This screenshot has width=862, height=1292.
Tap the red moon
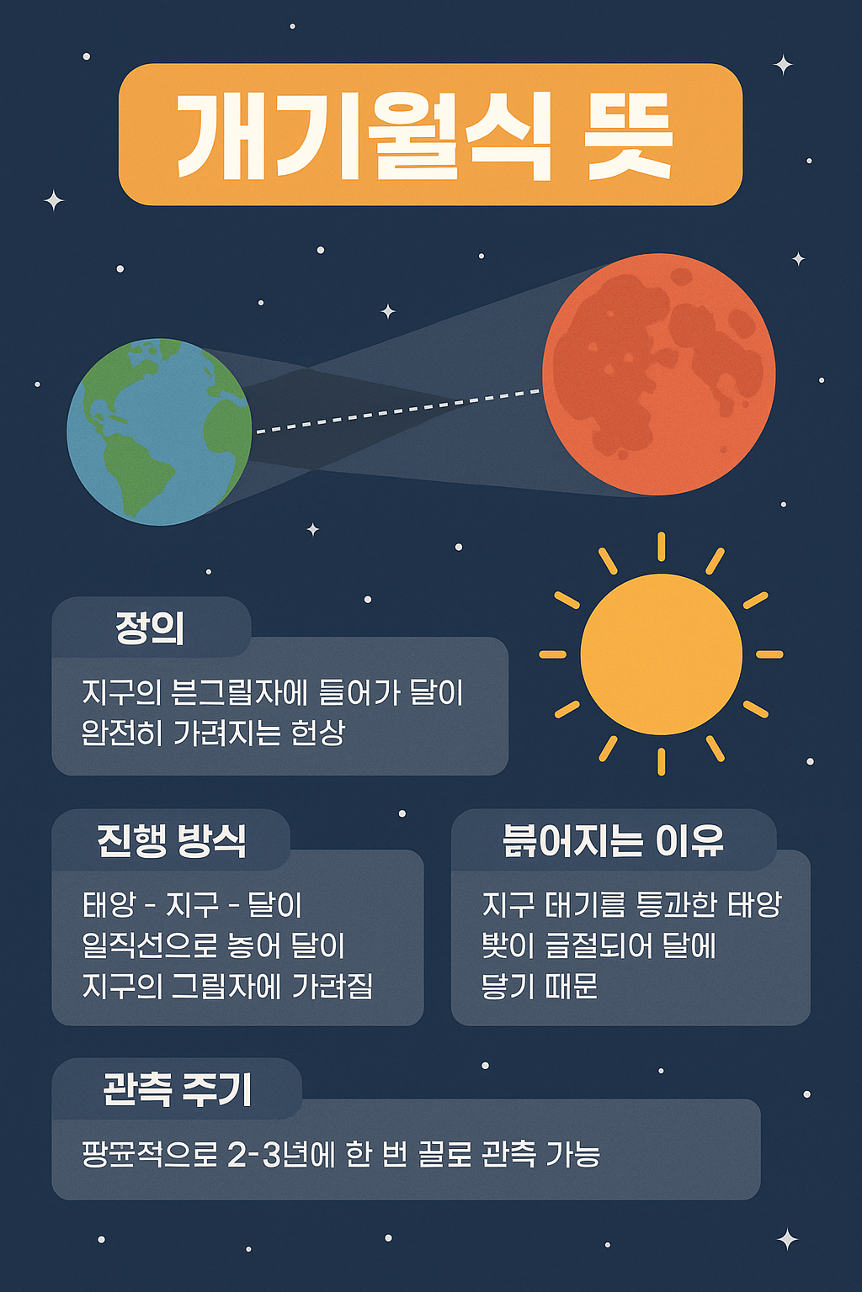[x=658, y=374]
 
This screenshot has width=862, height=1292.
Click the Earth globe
[x=159, y=432]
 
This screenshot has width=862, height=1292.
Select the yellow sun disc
[x=662, y=654]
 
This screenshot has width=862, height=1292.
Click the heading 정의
[x=150, y=628]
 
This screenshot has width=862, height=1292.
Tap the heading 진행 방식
[x=172, y=840]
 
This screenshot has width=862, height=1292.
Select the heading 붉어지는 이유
[x=613, y=840]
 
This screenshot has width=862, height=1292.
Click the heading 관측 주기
[x=177, y=1089]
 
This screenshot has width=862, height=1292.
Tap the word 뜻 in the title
[x=631, y=136]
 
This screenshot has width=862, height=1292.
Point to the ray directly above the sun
[x=662, y=546]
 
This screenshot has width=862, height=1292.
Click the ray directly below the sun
[x=662, y=761]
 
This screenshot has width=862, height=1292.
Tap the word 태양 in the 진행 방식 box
[x=109, y=905]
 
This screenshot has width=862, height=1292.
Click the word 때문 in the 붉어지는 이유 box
[x=572, y=986]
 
